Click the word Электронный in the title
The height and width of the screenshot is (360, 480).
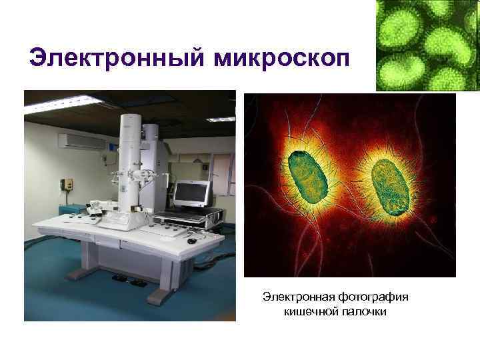point(117,58)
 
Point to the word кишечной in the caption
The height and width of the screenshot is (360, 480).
point(307,311)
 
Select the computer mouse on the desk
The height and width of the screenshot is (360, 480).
point(192,239)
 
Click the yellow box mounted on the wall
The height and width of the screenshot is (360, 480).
point(67,183)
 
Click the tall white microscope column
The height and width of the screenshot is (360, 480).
point(130,160)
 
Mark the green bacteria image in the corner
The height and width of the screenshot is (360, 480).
point(427,45)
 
